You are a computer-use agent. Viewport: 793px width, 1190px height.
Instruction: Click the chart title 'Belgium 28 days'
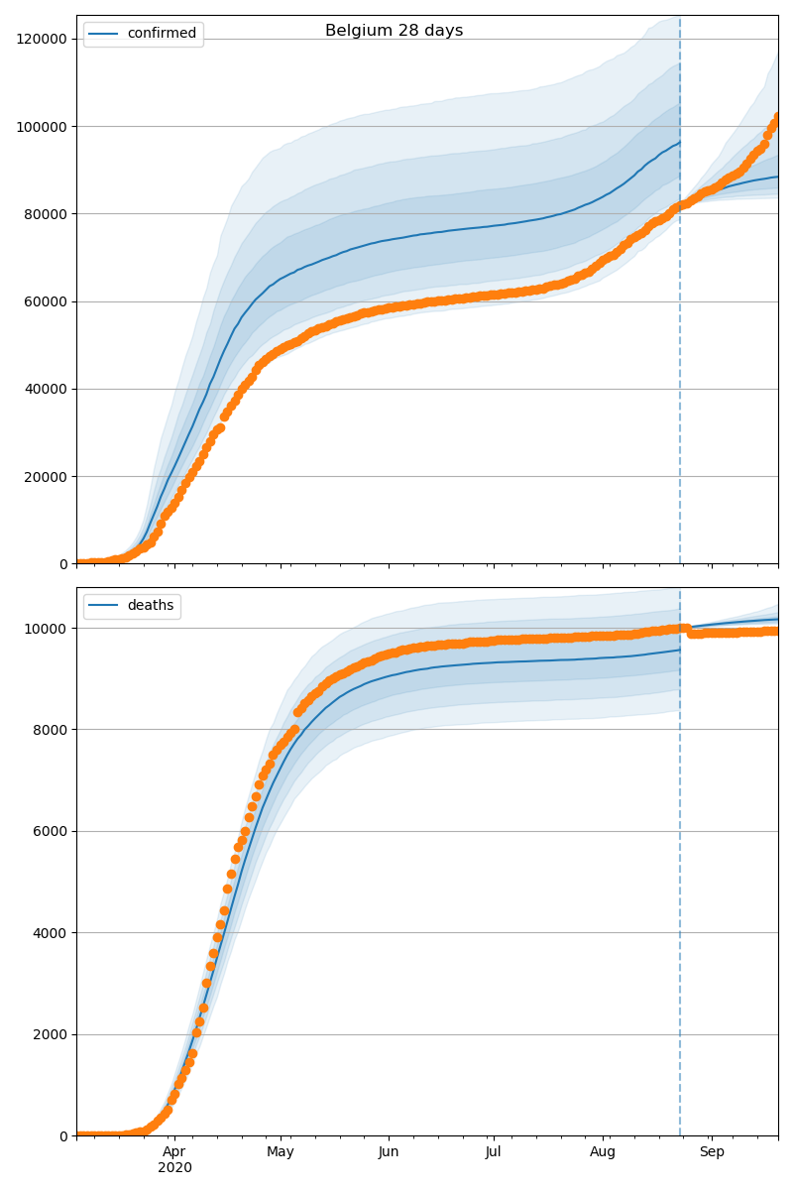(394, 31)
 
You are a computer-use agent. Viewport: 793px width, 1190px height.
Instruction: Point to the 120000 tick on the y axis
(40, 39)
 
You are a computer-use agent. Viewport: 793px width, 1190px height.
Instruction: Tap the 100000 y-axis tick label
(40, 127)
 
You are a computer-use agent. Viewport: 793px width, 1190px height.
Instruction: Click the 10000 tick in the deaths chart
(48, 629)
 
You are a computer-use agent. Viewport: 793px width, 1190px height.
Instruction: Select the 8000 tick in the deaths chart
(51, 730)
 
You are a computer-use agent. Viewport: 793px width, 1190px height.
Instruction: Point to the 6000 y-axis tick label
(51, 831)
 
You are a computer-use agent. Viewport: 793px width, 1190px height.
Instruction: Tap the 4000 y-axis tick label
(51, 933)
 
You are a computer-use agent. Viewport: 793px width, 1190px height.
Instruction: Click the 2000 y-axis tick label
(51, 1034)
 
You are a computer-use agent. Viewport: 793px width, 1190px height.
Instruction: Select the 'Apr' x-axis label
(174, 1152)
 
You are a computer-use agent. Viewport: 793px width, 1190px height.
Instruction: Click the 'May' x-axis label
(281, 1152)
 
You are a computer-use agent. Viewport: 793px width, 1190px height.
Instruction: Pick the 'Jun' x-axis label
(389, 1152)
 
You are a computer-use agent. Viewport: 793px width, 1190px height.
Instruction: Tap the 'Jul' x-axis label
(493, 1152)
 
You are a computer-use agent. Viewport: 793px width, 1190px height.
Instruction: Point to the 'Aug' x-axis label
(603, 1152)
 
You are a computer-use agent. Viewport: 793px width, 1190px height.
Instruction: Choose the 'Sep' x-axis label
(712, 1152)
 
